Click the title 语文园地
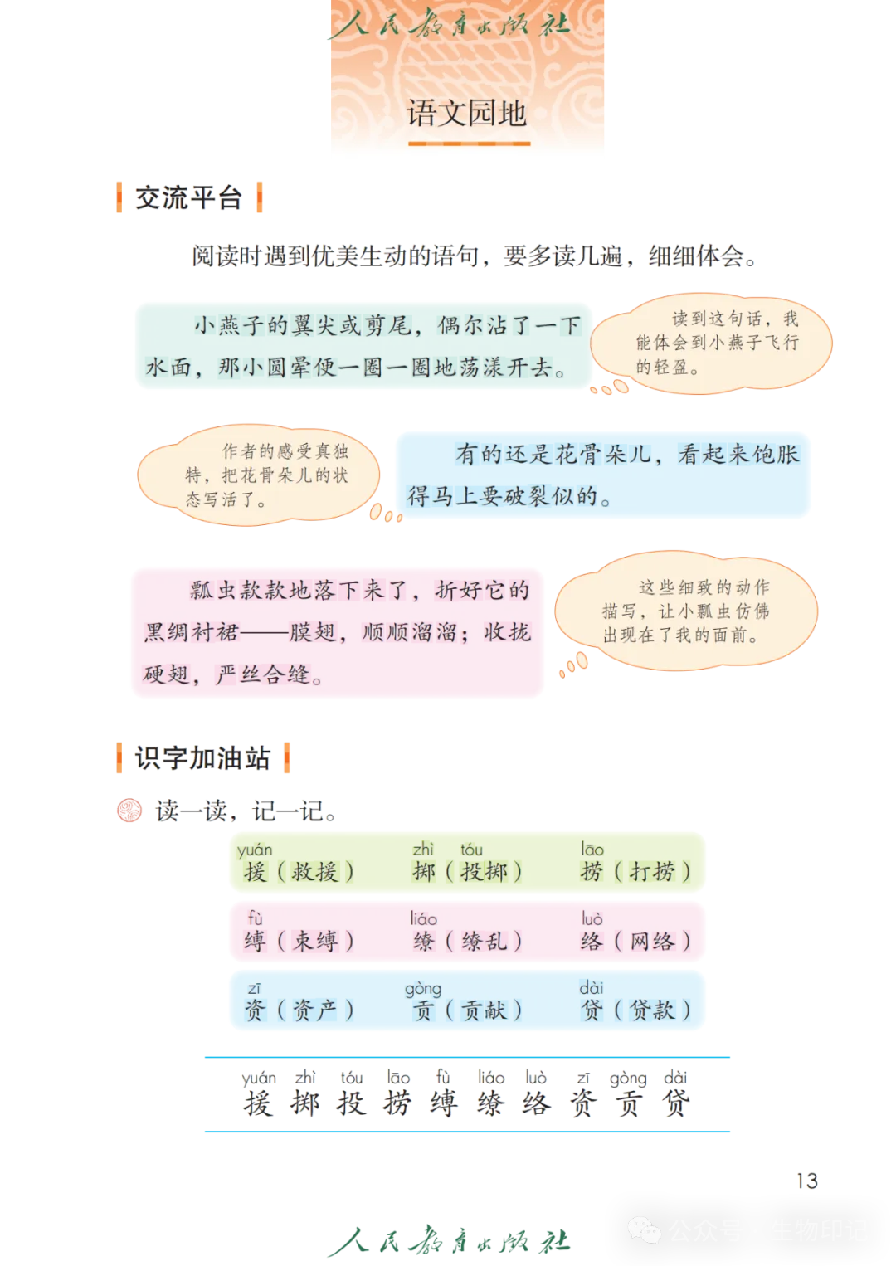point(467,114)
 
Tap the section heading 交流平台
point(189,198)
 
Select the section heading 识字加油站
point(202,757)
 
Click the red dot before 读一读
point(129,810)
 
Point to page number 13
point(807,1180)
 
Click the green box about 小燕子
point(362,346)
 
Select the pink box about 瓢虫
point(337,633)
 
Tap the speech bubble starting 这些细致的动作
point(687,611)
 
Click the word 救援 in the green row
point(314,872)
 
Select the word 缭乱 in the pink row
point(484,942)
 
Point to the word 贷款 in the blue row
point(652,1010)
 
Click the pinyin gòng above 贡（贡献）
point(422,989)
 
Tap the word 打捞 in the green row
point(652,872)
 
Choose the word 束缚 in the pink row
point(314,942)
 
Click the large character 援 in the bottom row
point(257,1104)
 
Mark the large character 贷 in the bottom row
point(675,1104)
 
